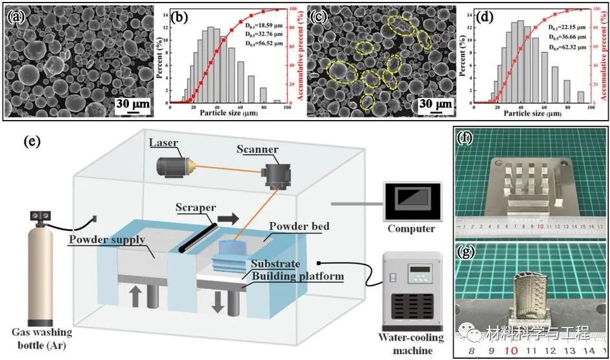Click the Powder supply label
114,241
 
